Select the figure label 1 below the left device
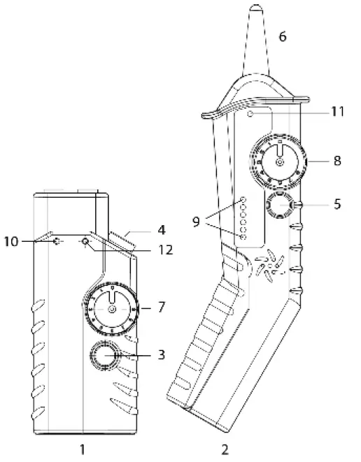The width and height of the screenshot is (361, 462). click(83, 448)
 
